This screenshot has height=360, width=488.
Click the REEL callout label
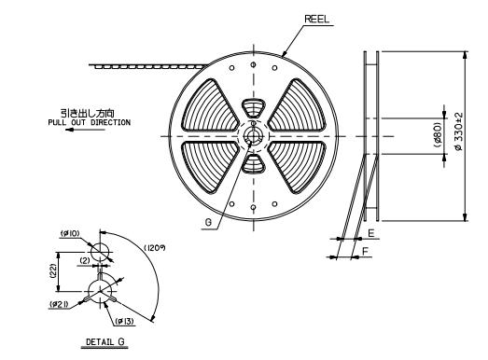click(x=316, y=20)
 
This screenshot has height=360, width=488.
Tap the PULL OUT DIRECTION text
click(x=89, y=122)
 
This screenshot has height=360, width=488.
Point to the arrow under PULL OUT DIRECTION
click(x=85, y=130)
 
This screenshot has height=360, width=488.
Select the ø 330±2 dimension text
click(x=459, y=132)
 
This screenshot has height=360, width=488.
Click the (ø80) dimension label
click(x=438, y=134)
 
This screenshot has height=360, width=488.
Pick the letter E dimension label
click(x=371, y=233)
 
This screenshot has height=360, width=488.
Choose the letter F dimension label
click(x=366, y=251)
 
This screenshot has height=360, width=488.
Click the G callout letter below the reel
click(x=208, y=222)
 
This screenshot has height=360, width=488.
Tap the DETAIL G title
click(x=105, y=341)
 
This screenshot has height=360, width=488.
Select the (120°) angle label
click(x=155, y=248)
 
